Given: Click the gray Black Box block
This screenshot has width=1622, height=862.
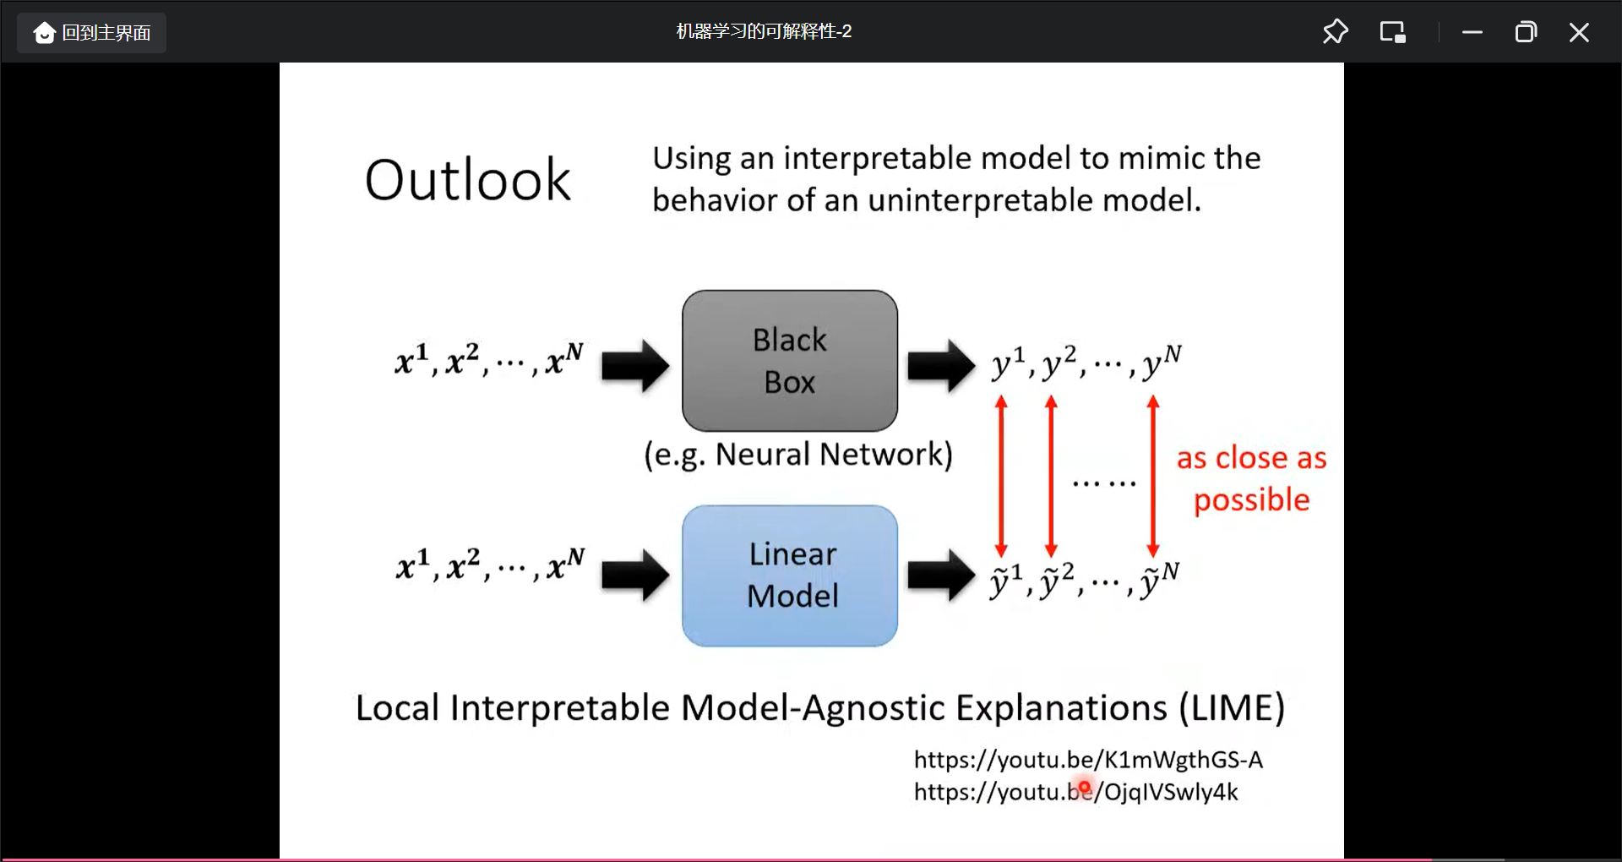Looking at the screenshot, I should point(790,361).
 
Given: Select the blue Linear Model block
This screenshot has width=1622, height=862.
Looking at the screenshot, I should point(790,576).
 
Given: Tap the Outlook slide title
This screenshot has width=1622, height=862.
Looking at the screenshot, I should point(467,180).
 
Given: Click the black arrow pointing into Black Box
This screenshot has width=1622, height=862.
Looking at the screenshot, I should point(635,366).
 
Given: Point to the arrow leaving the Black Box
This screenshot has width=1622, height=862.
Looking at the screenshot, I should point(941,366).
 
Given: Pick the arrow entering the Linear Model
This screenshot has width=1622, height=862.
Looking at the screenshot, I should point(635,576).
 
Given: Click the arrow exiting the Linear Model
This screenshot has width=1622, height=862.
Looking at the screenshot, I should point(941,576).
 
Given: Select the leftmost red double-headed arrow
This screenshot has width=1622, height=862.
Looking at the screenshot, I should point(1001,476).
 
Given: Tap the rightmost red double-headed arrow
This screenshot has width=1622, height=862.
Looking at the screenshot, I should point(1153,476).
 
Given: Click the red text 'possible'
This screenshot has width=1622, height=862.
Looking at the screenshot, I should point(1251,499).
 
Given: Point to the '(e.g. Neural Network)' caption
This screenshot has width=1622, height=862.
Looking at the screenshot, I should point(798,455).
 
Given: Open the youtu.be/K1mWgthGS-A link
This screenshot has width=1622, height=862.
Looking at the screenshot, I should point(1088,760).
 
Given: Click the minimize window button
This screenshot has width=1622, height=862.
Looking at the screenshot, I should point(1472,32).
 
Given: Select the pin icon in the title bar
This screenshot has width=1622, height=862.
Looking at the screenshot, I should point(1335,32).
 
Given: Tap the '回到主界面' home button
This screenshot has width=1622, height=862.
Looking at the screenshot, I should point(92,33).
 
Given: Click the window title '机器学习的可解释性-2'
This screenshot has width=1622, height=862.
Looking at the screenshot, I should point(764,31).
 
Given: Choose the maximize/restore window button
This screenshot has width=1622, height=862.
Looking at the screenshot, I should point(1526,32).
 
